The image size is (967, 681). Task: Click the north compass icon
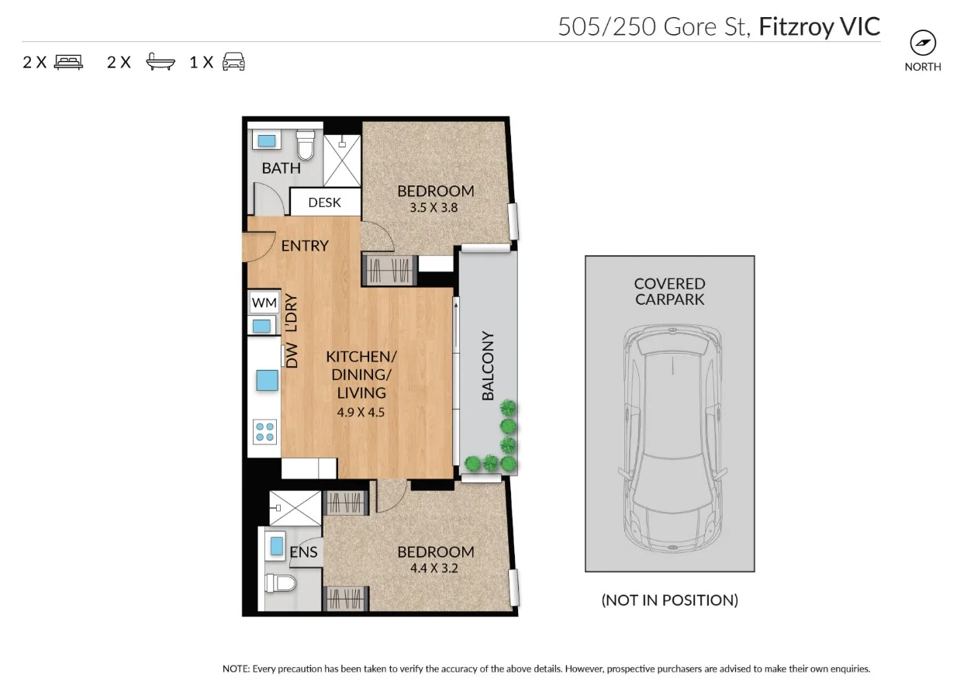click(x=923, y=42)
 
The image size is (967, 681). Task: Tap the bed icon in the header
click(x=68, y=62)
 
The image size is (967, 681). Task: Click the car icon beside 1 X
click(x=233, y=62)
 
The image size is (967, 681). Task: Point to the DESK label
click(x=324, y=202)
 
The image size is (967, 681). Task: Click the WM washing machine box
click(x=264, y=302)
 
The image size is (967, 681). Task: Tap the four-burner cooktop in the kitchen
click(x=264, y=431)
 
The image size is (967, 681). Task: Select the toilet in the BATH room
click(x=306, y=143)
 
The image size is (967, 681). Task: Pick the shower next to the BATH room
click(x=341, y=161)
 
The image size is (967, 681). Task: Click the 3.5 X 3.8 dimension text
click(x=435, y=208)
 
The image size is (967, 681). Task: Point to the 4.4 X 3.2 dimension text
click(x=435, y=569)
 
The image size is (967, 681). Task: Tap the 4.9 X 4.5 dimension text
click(x=361, y=413)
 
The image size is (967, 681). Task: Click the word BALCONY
click(x=488, y=366)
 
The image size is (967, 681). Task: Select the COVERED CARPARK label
click(x=669, y=292)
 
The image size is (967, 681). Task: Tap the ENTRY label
click(x=305, y=246)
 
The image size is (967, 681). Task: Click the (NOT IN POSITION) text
click(x=669, y=600)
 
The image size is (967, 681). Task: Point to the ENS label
click(x=303, y=552)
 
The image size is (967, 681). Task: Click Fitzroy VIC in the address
click(x=819, y=26)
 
